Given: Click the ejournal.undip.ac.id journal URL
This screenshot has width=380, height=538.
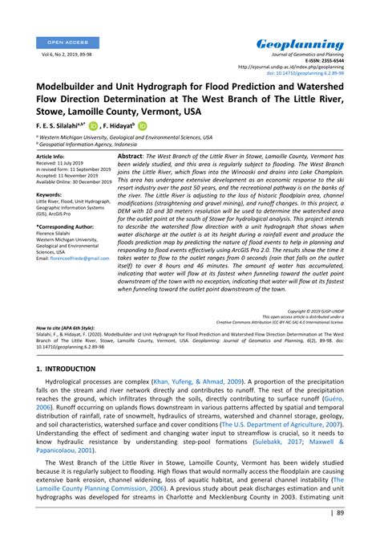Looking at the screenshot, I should [297, 66].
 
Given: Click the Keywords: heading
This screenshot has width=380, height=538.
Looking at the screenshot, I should [49, 194].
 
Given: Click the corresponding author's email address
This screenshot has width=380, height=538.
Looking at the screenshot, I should [69, 259].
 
